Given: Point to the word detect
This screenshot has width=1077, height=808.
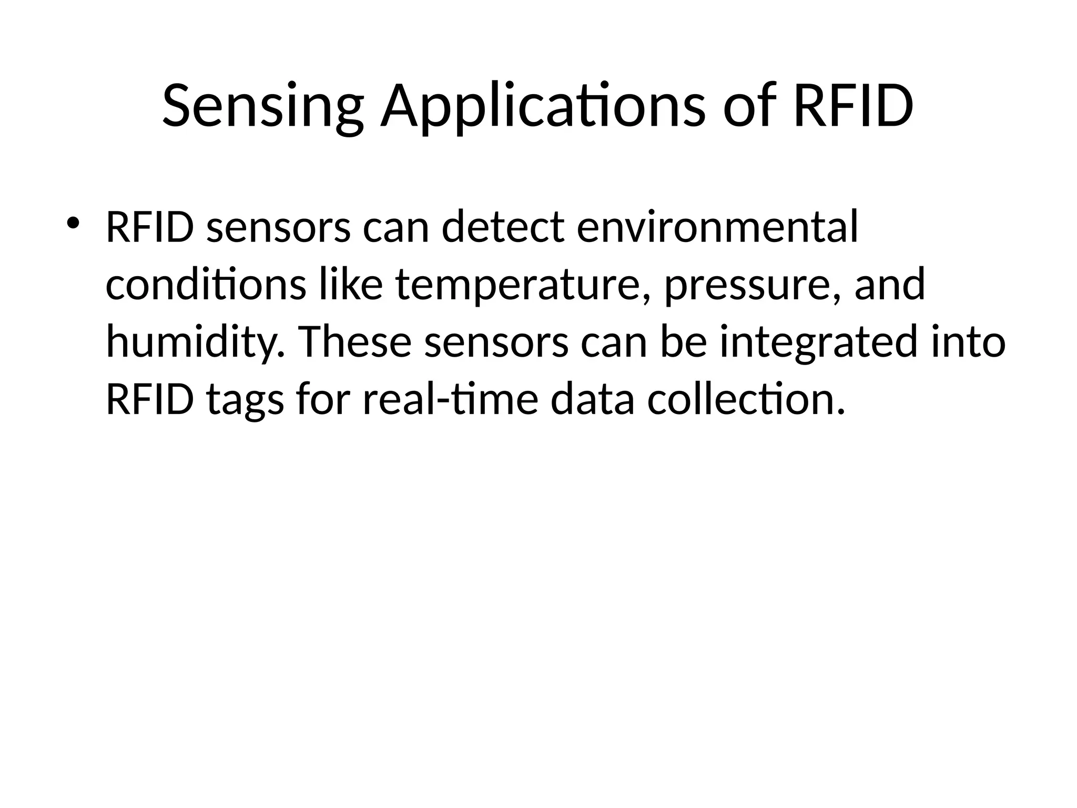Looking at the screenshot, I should coord(503,227).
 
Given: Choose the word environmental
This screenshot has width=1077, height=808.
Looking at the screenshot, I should coord(717,227).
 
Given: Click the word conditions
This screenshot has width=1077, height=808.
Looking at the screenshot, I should coord(206,285).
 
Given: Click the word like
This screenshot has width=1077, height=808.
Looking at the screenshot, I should coord(350,285).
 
